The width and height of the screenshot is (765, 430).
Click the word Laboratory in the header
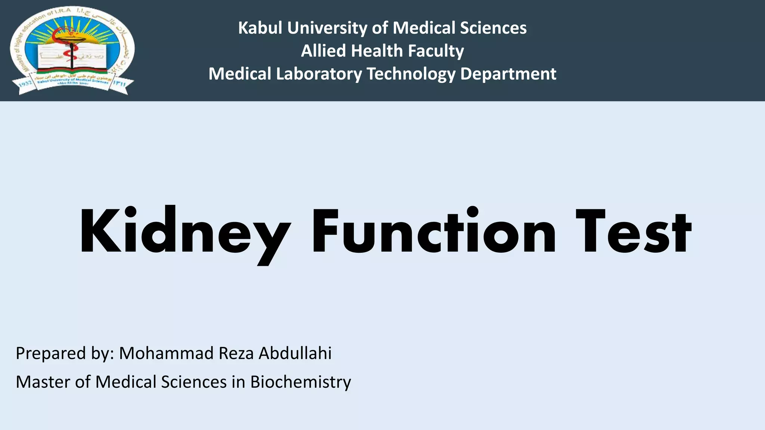319,74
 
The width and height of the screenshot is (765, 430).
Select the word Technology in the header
411,74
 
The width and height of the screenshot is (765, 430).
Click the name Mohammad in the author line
166,353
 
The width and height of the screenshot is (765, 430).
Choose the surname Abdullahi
295,353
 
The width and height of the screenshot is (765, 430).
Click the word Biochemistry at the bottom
301,382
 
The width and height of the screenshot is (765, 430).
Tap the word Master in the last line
43,382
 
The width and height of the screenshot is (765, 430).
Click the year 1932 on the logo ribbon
25,83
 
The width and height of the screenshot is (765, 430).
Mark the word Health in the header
377,51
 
